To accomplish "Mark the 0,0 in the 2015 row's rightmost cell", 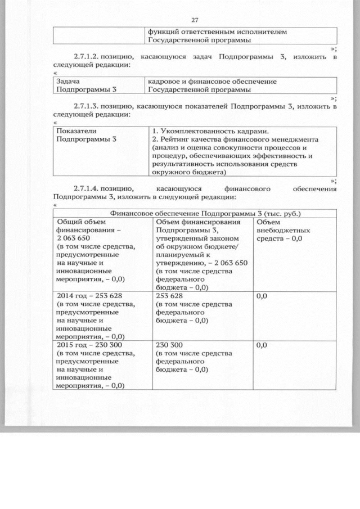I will tap(262, 345).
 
